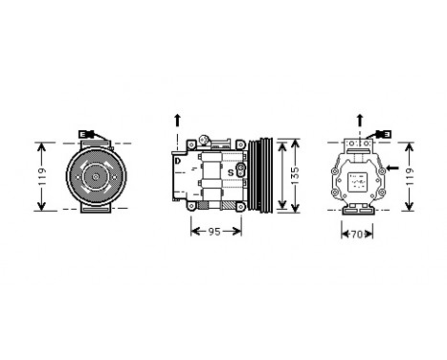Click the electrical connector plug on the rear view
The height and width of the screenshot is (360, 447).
tap(380, 136)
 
